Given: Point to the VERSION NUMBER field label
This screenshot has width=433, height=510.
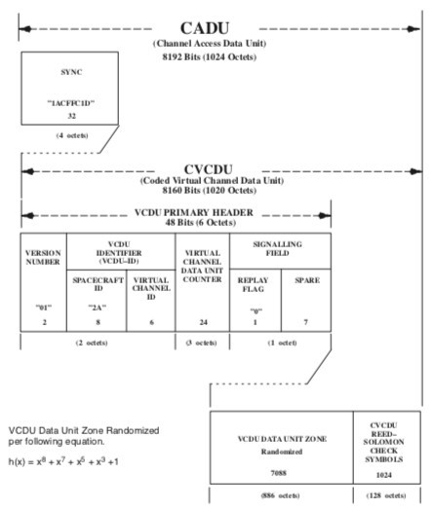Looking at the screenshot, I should (43, 258).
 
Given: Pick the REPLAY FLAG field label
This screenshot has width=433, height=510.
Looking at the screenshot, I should (254, 283).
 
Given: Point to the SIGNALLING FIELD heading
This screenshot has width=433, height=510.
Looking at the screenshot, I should (280, 248).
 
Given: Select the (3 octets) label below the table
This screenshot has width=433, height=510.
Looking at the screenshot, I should (202, 343).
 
